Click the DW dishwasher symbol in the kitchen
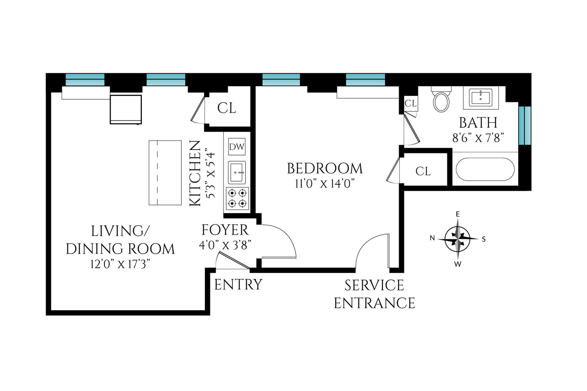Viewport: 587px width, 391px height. pyautogui.click(x=237, y=147)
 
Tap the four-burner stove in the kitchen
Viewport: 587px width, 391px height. pyautogui.click(x=237, y=198)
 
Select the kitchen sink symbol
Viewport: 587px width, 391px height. pyautogui.click(x=237, y=172)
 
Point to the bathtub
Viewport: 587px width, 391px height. pyautogui.click(x=485, y=169)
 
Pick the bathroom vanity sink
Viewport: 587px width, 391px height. pyautogui.click(x=481, y=97)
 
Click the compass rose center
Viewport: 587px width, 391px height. pyautogui.click(x=458, y=239)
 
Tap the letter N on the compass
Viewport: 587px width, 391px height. pyautogui.click(x=432, y=238)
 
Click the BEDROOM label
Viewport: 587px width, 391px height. pyautogui.click(x=324, y=169)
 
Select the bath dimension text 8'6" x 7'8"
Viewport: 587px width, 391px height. pyautogui.click(x=478, y=138)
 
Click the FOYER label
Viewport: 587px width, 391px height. pyautogui.click(x=225, y=230)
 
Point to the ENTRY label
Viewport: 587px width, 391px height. pyautogui.click(x=238, y=285)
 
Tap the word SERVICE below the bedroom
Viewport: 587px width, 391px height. pyautogui.click(x=374, y=286)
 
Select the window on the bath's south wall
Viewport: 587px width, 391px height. pyautogui.click(x=524, y=125)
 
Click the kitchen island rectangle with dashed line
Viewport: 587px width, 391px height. pyautogui.click(x=165, y=173)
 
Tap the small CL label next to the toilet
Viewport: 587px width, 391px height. pyautogui.click(x=411, y=103)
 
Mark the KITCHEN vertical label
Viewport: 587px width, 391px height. pyautogui.click(x=195, y=173)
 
